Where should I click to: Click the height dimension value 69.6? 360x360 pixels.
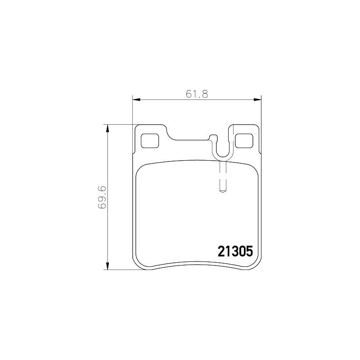pyautogui.click(x=103, y=197)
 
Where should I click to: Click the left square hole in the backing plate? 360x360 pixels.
pyautogui.click(x=150, y=141)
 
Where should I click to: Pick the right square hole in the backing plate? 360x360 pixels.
pyautogui.click(x=243, y=141)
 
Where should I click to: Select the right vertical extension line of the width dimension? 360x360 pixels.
pyautogui.click(x=261, y=112)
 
